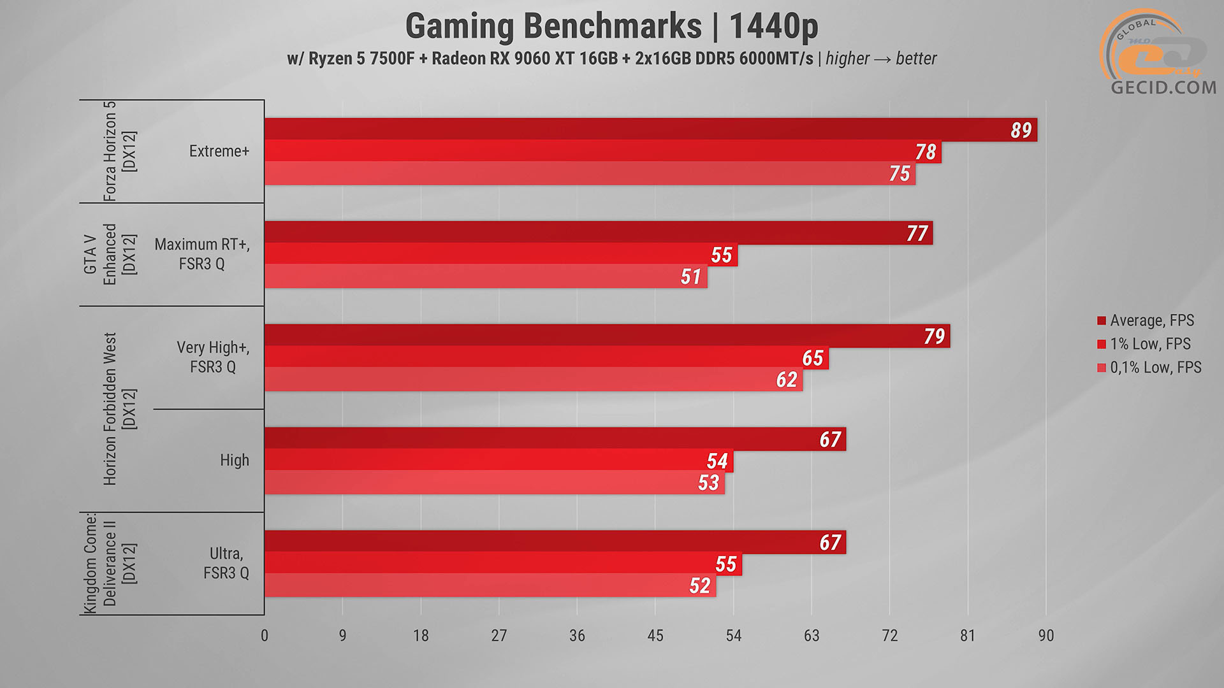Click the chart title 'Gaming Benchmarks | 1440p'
[x=611, y=27]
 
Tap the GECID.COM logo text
[x=1163, y=87]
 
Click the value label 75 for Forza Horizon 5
[x=900, y=173]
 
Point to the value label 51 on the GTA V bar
[x=690, y=276]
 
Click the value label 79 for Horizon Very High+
[x=934, y=336]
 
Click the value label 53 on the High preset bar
[x=708, y=482]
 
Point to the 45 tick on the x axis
[x=655, y=635]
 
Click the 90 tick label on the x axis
[x=1045, y=635]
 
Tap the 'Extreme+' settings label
[x=219, y=151]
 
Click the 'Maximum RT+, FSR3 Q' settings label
[x=202, y=254]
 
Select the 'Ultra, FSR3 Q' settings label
[x=226, y=563]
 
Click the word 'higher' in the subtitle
[x=847, y=59]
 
